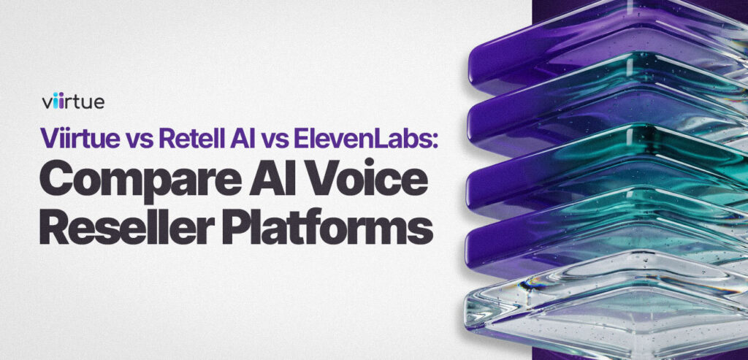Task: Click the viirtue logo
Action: click(x=73, y=102)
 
